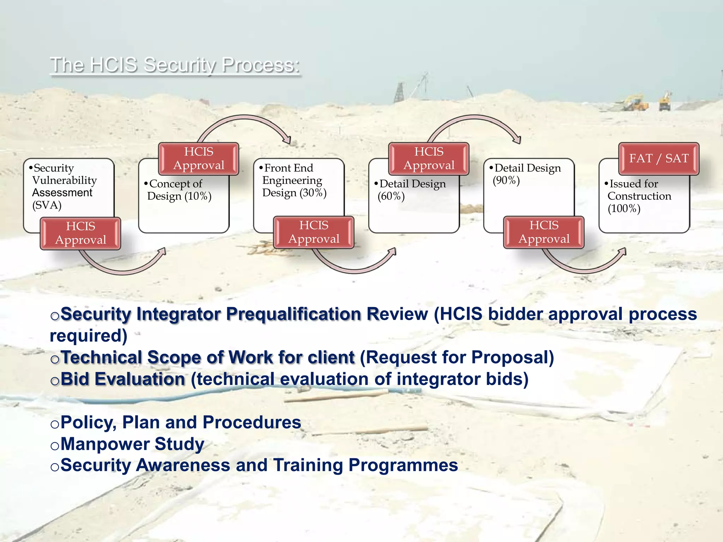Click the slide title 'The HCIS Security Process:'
coord(175,65)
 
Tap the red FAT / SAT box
coord(659,158)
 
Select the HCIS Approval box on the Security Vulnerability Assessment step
coord(80,233)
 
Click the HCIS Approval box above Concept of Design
coord(199,158)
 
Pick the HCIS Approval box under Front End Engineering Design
coord(314,232)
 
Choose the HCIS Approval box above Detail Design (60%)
coord(429,158)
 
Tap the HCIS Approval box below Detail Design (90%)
coord(544,232)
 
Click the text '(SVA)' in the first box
coord(47,205)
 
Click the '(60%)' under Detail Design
coord(391,196)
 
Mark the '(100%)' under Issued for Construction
coord(624,209)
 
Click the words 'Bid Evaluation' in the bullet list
coord(123,379)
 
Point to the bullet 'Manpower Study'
coord(132,444)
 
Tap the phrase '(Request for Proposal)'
coord(457,357)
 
